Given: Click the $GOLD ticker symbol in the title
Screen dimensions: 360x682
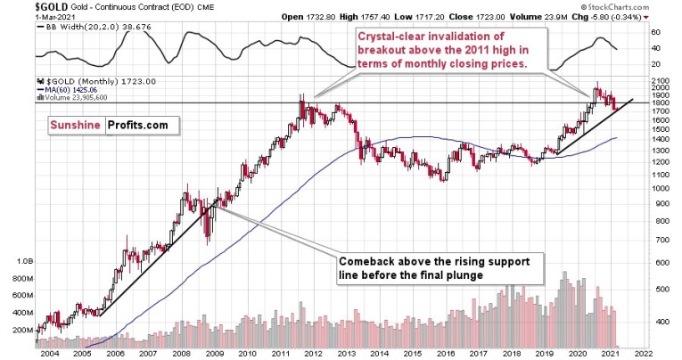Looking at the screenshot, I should click(x=19, y=6).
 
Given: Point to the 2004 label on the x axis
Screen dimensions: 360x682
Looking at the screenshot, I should click(x=49, y=354).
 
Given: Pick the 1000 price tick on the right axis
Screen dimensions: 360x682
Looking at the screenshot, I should click(x=661, y=188).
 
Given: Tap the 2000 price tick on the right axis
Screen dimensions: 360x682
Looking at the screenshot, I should click(x=661, y=86).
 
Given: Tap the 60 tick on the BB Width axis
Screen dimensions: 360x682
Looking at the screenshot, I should click(x=655, y=32).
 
